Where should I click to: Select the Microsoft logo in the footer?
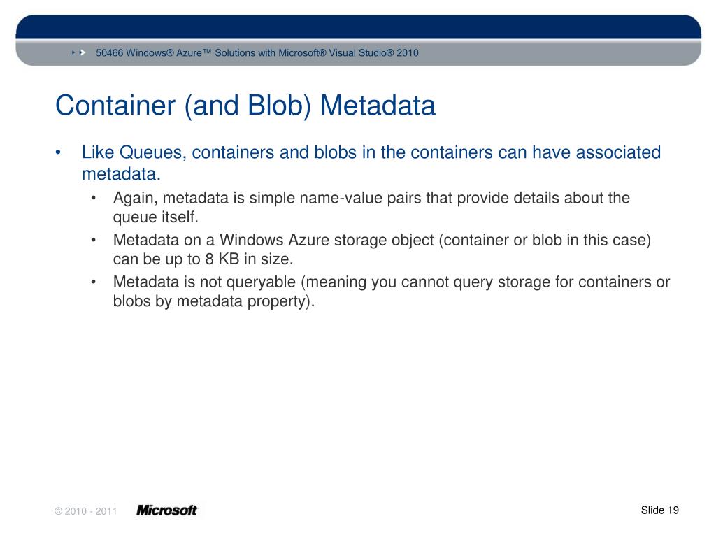[167, 510]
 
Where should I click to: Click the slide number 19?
[673, 510]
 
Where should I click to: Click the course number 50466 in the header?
[110, 53]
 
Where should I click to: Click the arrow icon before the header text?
[82, 52]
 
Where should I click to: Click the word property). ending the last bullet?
[279, 302]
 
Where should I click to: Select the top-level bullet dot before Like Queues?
[61, 153]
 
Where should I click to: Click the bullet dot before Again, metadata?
[94, 199]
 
